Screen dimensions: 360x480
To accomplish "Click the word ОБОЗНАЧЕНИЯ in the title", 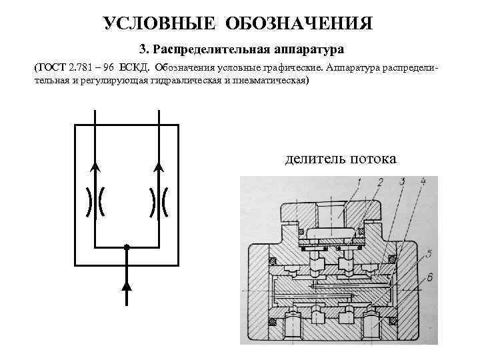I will [299, 24].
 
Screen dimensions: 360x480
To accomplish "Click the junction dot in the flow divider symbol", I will [127, 247].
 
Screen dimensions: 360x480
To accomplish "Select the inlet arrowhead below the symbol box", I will [127, 285].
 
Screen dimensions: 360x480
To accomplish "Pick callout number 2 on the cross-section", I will [379, 182].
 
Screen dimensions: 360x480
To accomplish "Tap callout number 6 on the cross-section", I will [430, 276].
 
